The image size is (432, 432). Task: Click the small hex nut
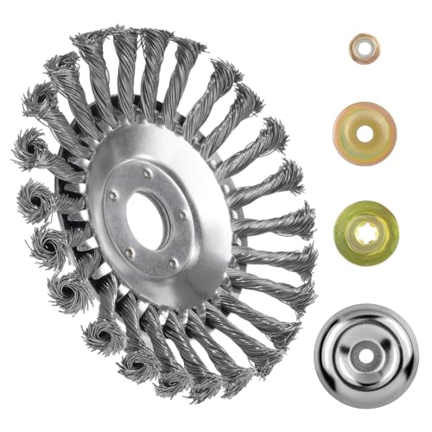pos(363,48)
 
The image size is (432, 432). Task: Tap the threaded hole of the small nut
pos(364,48)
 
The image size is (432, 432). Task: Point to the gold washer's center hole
pos(365,134)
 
